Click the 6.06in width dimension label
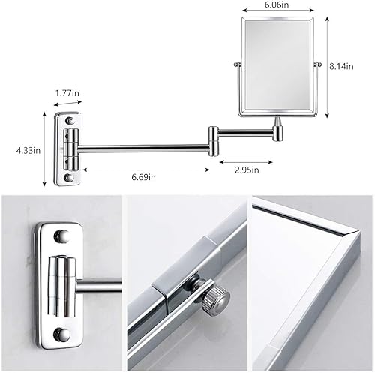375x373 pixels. [277, 5]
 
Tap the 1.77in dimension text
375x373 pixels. [67, 93]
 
